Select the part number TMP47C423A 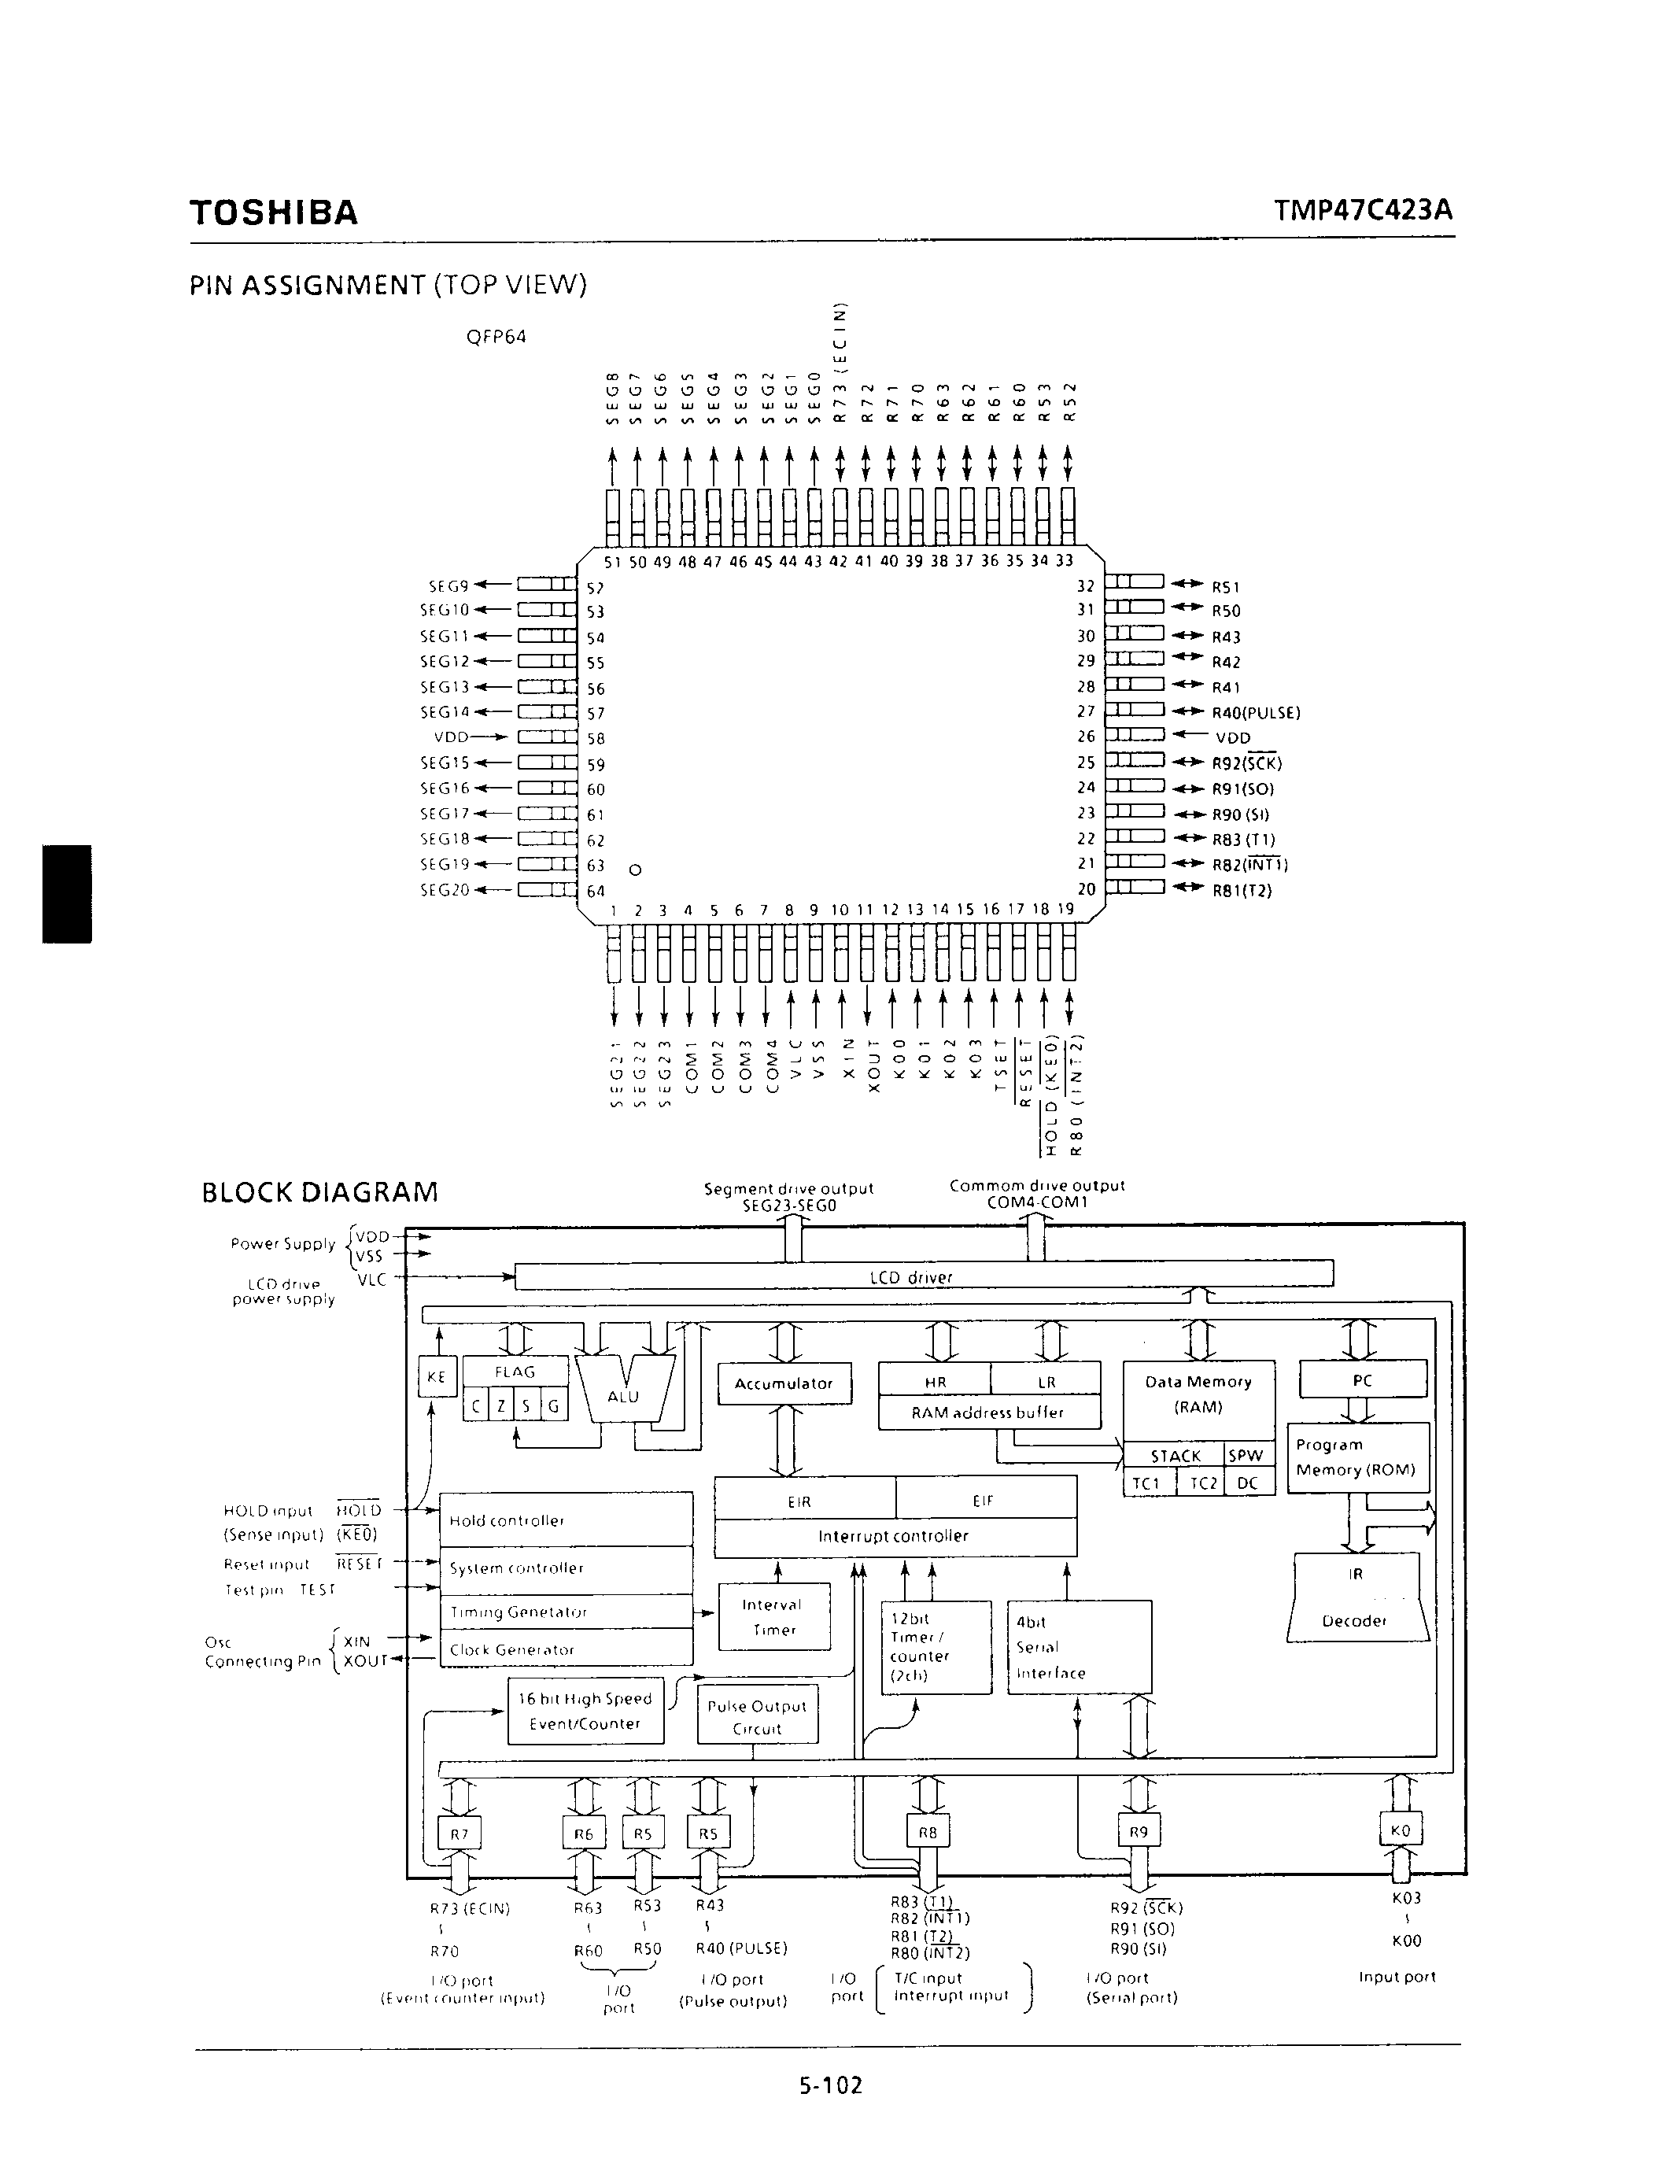tap(1364, 210)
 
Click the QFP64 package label tap(496, 337)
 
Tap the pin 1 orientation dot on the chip tap(636, 870)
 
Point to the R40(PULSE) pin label tap(1256, 712)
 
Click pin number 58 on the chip tap(596, 739)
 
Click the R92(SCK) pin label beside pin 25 tap(1247, 763)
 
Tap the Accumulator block tap(784, 1383)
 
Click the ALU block tap(623, 1396)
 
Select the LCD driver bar tap(925, 1277)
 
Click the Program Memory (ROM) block tap(1358, 1457)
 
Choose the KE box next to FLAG tap(436, 1376)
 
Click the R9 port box tap(1138, 1832)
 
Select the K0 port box tap(1400, 1830)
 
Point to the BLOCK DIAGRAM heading tap(320, 1192)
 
